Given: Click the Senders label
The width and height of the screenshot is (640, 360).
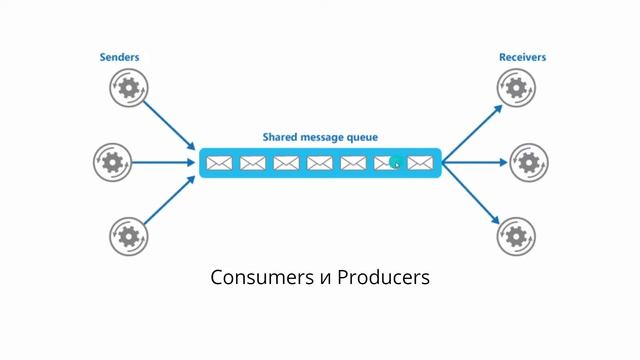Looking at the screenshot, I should pyautogui.click(x=119, y=58).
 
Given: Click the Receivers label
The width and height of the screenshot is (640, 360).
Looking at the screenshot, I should pyautogui.click(x=522, y=58).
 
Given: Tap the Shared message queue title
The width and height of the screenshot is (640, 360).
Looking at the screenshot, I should pyautogui.click(x=320, y=136).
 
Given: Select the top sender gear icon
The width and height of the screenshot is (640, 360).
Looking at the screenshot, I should pyautogui.click(x=127, y=89).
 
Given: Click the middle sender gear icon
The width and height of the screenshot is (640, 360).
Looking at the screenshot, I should pyautogui.click(x=112, y=161).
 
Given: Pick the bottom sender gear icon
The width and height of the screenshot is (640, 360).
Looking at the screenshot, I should pyautogui.click(x=127, y=236).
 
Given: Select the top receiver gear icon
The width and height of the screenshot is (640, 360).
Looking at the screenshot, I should pyautogui.click(x=515, y=89).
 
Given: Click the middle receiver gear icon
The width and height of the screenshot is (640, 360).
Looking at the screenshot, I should pyautogui.click(x=529, y=161).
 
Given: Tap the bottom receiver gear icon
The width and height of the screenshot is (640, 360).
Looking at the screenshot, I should pyautogui.click(x=515, y=236).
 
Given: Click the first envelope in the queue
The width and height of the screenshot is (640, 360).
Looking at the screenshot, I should pyautogui.click(x=219, y=162).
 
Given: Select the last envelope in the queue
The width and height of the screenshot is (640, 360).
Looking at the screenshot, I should pyautogui.click(x=419, y=162).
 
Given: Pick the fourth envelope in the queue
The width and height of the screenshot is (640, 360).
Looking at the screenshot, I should pyautogui.click(x=319, y=162).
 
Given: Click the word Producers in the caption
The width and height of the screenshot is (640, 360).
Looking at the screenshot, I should pyautogui.click(x=383, y=277).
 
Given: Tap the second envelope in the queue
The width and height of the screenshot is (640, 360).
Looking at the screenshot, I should pyautogui.click(x=253, y=162).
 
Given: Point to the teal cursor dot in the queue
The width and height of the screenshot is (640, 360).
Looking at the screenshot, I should pyautogui.click(x=396, y=161).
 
